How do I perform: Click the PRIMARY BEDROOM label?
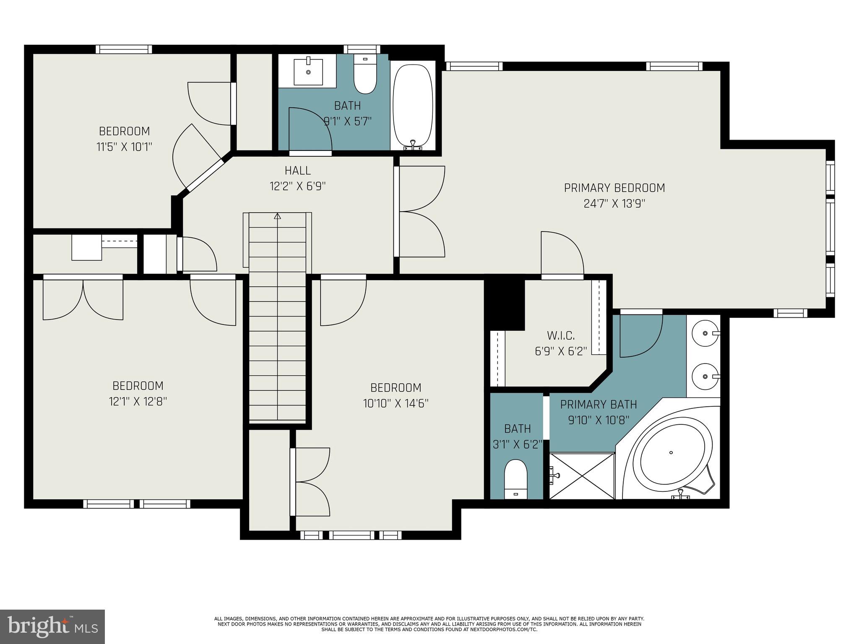tap(614, 188)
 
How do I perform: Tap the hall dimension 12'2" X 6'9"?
tap(297, 186)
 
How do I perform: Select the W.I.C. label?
tap(560, 335)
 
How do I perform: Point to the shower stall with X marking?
tap(582, 476)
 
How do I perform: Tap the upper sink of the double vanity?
tap(705, 333)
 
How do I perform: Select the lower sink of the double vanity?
tap(705, 377)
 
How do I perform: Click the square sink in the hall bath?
tap(308, 72)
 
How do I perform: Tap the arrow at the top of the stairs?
tap(277, 216)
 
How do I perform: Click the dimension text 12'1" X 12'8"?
tap(138, 402)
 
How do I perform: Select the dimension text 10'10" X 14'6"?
tap(396, 403)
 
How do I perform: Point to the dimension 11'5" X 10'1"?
tap(124, 147)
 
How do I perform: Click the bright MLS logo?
tap(52, 626)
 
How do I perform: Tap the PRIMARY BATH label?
tap(598, 405)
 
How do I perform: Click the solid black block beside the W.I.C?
tap(505, 304)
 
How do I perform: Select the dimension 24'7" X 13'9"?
tap(614, 204)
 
